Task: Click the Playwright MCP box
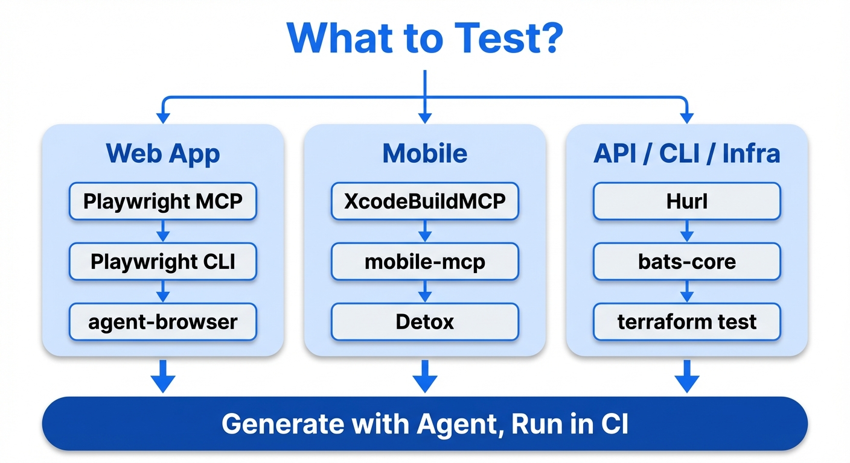coord(162,201)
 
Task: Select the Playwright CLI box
coord(162,262)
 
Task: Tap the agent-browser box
coord(162,322)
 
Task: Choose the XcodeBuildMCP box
coord(424,201)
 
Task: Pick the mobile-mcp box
coord(424,262)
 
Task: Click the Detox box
coord(424,322)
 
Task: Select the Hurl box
coord(686,201)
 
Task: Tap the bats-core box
coord(686,262)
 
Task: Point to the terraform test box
coord(686,322)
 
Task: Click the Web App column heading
coord(162,154)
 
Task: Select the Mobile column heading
coord(424,154)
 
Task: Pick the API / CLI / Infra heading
coord(686,154)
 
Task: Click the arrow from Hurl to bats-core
coord(686,231)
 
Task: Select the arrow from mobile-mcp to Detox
coord(424,292)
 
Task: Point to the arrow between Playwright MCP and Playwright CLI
coord(162,231)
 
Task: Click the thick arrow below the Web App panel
coord(162,376)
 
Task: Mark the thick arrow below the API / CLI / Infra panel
coord(686,376)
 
